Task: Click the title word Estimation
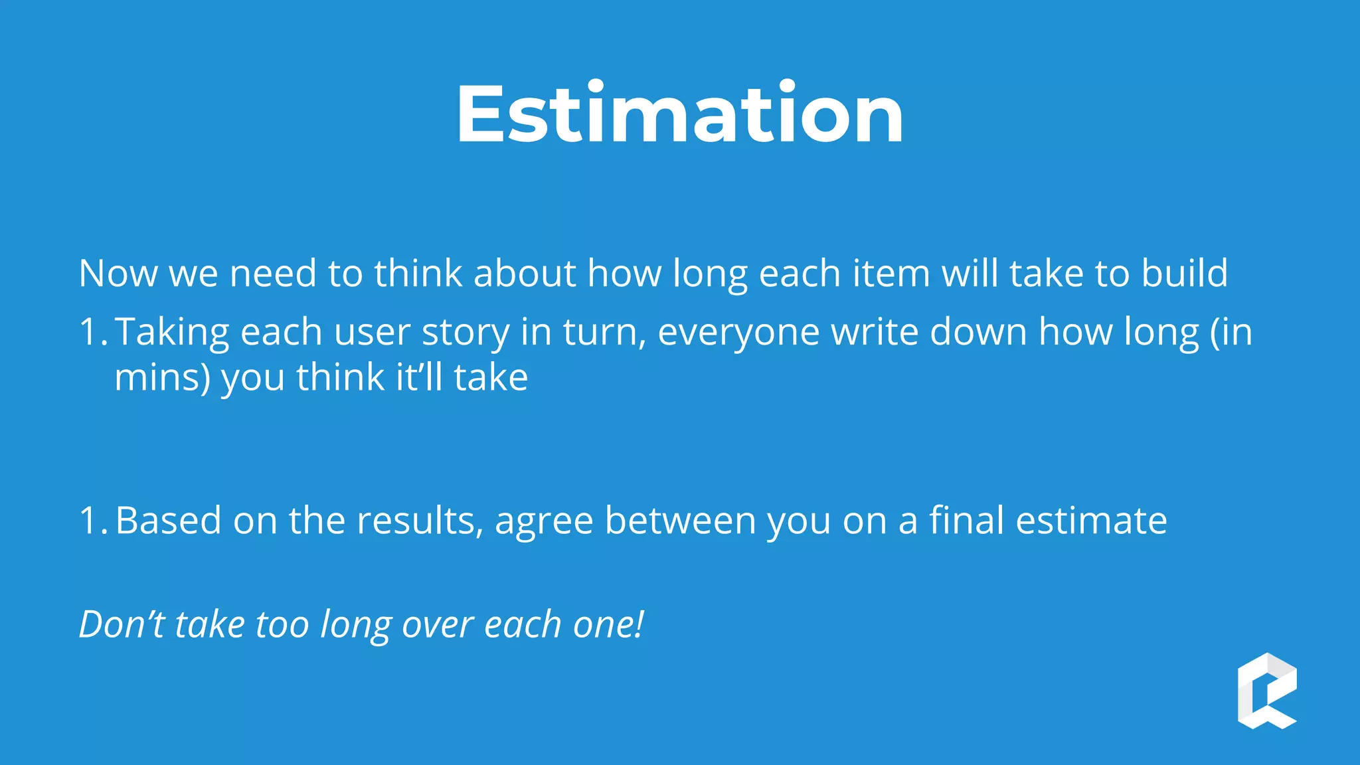pos(679,114)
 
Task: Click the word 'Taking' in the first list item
pos(171,332)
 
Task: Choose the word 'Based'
pos(168,520)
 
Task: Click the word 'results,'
pos(420,520)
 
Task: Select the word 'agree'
pos(543,521)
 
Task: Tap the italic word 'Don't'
pos(122,624)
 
